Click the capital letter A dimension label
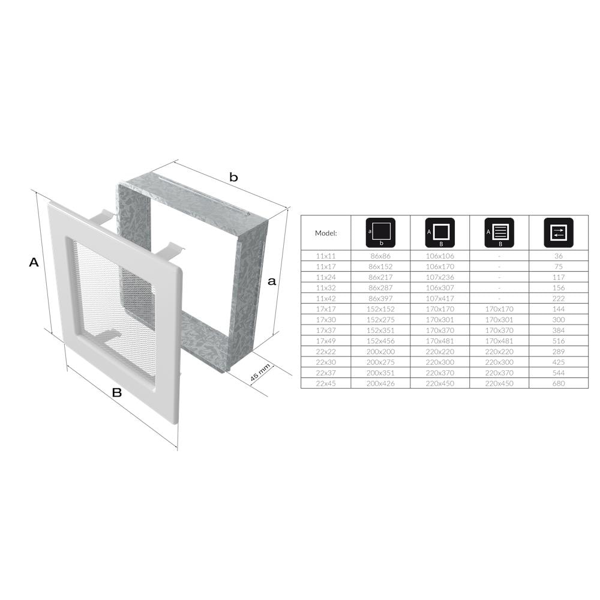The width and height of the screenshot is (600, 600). [34, 263]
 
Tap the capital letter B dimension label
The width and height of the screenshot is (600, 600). [117, 392]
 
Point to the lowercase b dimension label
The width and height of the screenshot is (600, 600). [233, 177]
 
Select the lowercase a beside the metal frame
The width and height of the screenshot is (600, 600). [272, 281]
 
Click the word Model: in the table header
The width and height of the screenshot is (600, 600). [326, 233]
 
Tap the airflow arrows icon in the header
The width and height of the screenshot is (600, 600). [558, 233]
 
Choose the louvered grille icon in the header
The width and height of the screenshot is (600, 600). [499, 233]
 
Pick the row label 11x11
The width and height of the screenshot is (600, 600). [326, 256]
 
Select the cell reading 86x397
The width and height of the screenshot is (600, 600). [381, 298]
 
